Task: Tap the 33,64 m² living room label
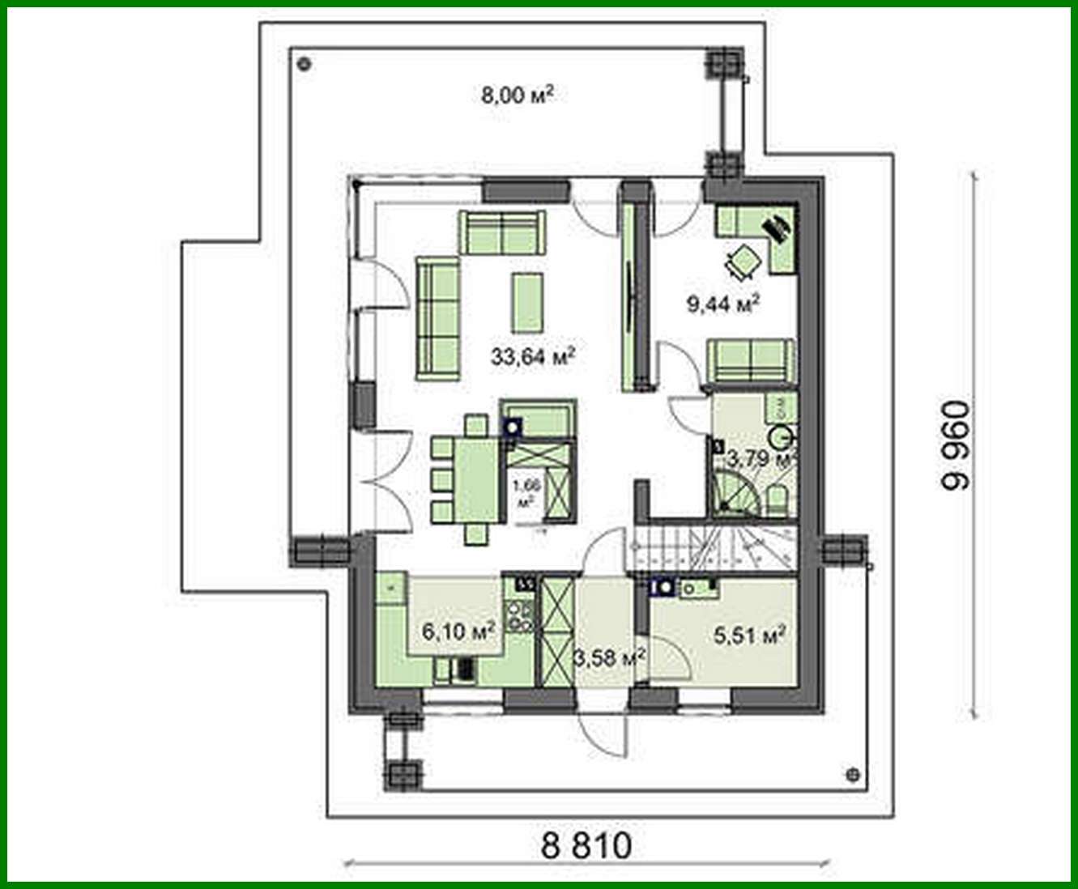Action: (x=532, y=355)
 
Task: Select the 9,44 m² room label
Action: (x=722, y=304)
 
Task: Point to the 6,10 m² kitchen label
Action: (x=458, y=631)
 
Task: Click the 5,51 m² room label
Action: (x=750, y=636)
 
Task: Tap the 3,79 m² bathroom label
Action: (x=758, y=460)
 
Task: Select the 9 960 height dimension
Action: (x=955, y=445)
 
